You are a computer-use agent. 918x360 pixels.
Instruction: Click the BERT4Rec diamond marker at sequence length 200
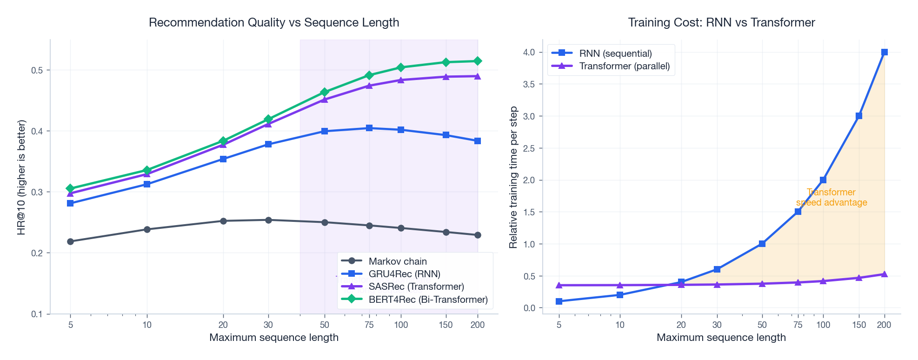tap(478, 61)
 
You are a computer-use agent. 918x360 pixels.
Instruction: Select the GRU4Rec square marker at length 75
tap(369, 128)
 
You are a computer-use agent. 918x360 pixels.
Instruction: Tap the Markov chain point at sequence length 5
tap(70, 241)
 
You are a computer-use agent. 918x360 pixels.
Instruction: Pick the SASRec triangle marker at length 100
tap(401, 80)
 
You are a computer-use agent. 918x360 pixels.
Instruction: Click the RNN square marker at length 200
tap(885, 52)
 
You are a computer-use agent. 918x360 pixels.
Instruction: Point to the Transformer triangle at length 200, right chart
tap(885, 274)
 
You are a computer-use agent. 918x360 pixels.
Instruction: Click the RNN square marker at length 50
tap(762, 244)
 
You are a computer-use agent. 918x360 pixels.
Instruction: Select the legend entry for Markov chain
tap(397, 261)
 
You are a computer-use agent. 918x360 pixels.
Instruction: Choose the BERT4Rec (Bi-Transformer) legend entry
tap(428, 300)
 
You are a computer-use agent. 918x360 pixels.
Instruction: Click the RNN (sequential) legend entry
tap(615, 53)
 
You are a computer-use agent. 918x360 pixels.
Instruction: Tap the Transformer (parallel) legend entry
tap(624, 66)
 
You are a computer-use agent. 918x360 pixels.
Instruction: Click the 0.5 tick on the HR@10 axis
tap(37, 70)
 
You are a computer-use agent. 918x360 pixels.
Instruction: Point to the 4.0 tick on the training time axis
tap(529, 52)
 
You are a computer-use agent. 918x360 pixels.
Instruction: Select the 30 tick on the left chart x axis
tap(268, 325)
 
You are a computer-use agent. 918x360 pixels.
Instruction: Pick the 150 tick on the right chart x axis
tap(858, 325)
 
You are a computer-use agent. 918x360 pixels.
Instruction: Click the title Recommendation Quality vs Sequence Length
tap(274, 22)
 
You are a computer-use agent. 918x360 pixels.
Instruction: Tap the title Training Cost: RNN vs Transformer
tap(721, 22)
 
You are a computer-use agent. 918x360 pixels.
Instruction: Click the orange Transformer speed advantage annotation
tap(832, 197)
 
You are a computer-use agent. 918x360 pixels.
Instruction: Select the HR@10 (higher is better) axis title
tap(21, 177)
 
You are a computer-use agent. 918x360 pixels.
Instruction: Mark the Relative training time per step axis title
tap(513, 177)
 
